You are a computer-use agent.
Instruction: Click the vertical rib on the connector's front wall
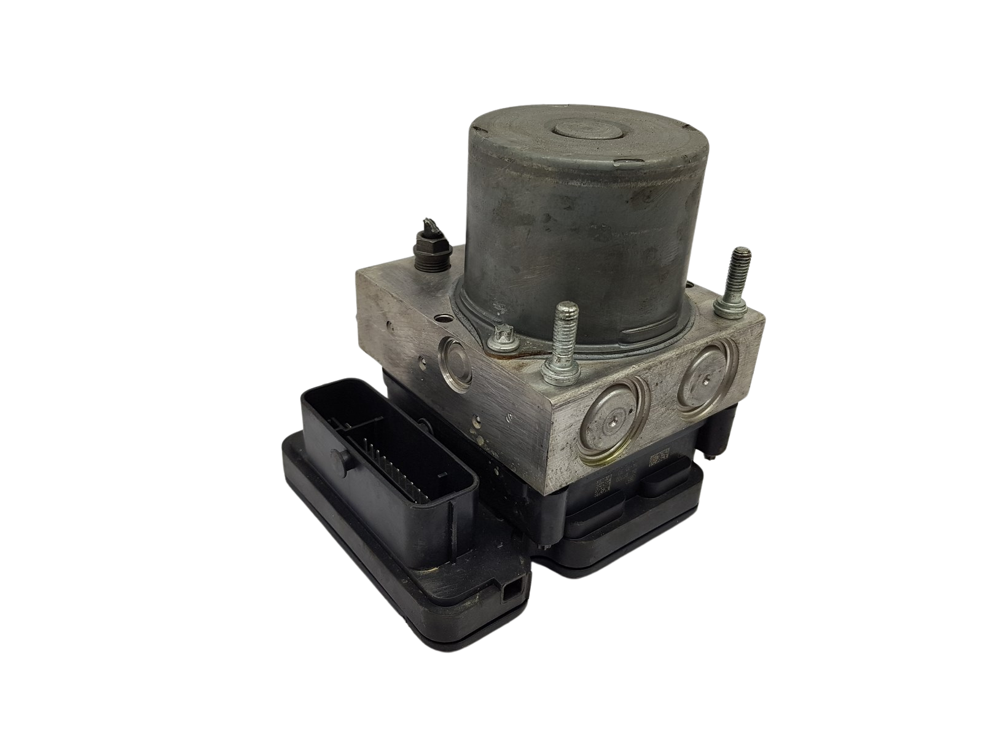tap(453, 517)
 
